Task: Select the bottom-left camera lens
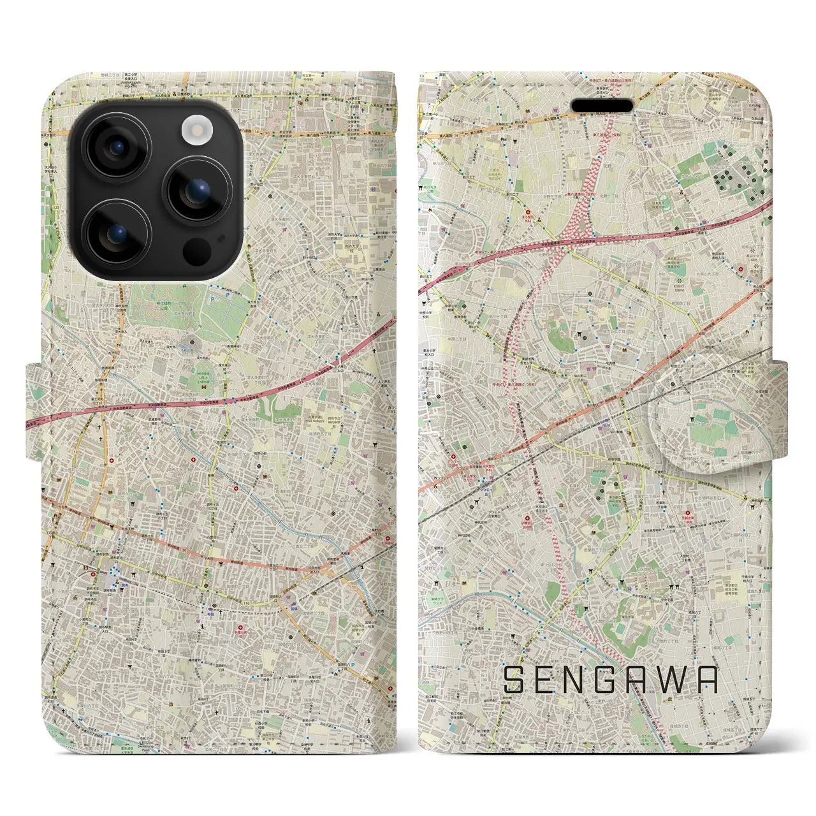click(x=117, y=233)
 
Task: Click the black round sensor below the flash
click(x=196, y=251)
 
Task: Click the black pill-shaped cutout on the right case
click(x=602, y=105)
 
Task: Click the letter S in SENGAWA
click(x=514, y=680)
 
